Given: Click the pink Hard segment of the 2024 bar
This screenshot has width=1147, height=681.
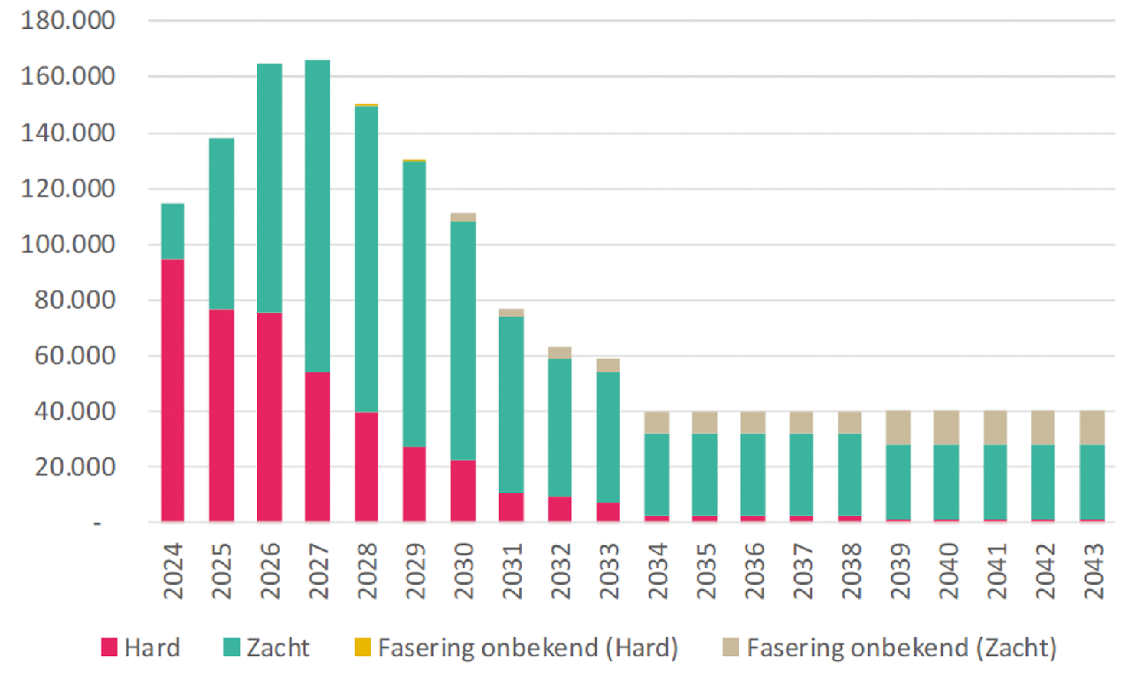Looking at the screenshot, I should click(172, 390).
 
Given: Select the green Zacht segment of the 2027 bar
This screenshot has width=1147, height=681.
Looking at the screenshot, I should click(318, 216).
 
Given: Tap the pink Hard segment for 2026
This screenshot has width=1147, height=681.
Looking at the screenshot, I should click(269, 417).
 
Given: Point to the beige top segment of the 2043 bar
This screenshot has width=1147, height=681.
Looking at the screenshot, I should click(1091, 428).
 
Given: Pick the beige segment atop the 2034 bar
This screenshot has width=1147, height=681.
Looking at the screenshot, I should click(657, 423).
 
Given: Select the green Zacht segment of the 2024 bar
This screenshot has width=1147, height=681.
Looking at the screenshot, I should click(172, 231).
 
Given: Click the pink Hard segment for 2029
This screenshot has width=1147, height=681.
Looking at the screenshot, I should click(414, 484).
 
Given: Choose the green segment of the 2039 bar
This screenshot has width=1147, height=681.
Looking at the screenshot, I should click(898, 483).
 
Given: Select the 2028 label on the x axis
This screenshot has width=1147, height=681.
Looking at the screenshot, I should click(366, 572).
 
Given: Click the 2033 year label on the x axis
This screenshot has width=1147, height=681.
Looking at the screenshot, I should click(607, 572).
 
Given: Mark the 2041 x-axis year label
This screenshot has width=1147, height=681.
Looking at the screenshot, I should click(995, 572).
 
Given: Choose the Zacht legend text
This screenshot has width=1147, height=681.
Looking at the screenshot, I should click(278, 648).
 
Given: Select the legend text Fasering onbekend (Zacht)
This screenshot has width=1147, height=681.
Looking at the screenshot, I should click(901, 648).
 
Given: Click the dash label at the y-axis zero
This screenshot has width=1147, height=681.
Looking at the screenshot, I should click(98, 524).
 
